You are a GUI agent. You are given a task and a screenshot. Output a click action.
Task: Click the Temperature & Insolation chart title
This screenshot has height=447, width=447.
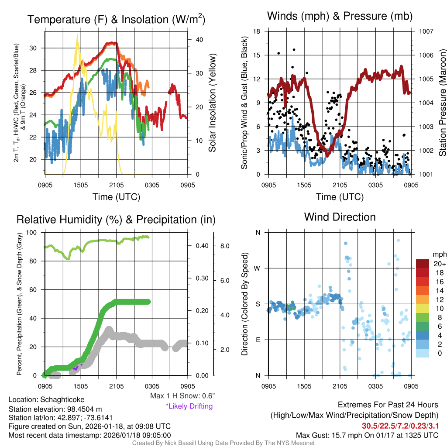coord(116,19)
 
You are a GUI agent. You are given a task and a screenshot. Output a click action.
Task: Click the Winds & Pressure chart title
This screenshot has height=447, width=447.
coord(340,17)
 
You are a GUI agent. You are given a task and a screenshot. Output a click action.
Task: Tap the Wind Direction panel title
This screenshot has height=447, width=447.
coord(340,217)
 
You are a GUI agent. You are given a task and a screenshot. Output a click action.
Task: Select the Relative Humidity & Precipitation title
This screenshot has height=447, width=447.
coord(116,219)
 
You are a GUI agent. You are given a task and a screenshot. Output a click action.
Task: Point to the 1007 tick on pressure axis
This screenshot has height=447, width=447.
coord(425,31)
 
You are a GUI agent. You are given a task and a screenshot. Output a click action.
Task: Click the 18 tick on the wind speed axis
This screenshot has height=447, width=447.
coord(257,31)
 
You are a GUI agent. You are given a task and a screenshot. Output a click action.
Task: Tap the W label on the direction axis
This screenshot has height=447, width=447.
coord(258,268)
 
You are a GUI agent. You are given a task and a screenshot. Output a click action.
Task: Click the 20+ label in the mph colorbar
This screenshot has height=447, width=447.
coord(439,264)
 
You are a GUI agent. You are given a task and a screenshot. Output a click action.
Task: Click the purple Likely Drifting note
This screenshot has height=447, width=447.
coord(189,406)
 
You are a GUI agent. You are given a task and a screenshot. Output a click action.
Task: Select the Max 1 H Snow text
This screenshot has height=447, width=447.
coord(182,396)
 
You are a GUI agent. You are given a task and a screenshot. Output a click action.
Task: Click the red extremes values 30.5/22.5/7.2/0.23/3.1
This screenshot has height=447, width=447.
coord(400,426)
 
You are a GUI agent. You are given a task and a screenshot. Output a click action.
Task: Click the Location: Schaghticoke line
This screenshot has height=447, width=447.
coord(46,399)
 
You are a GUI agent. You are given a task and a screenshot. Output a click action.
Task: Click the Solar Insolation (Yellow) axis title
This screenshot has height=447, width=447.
coord(213,103)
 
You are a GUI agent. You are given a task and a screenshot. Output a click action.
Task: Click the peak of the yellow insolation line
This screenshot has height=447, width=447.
coord(77,36)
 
